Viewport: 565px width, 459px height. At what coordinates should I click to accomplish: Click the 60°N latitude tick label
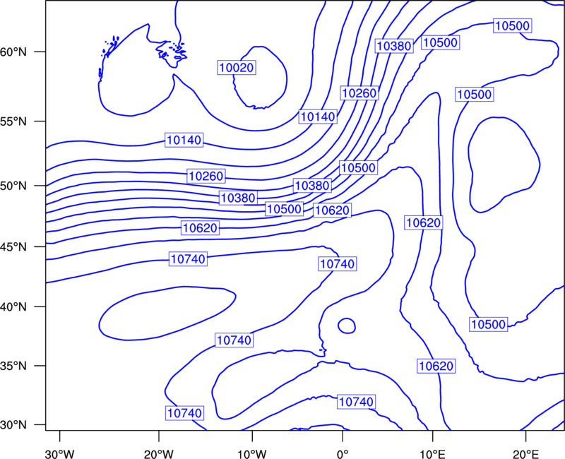coord(13,52)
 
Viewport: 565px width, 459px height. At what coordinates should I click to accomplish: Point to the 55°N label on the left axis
coord(13,121)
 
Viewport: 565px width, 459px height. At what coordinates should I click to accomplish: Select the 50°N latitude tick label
coord(13,186)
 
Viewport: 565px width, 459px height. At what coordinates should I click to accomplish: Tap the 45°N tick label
coord(13,246)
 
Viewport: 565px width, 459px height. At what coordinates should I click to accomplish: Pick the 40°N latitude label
coord(13,307)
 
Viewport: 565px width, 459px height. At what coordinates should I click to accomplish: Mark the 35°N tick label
coord(13,366)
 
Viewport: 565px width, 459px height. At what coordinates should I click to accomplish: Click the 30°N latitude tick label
coord(13,425)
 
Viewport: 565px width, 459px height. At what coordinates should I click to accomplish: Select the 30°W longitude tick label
coord(59,454)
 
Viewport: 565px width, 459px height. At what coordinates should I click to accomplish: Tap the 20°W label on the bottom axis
coord(158,454)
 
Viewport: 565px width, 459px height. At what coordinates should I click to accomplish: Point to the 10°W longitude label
coord(252,454)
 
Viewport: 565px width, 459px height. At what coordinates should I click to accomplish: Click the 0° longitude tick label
coord(343,454)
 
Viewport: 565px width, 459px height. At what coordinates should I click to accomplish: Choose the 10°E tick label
coord(433,454)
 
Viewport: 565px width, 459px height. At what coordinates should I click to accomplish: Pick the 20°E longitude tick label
coord(525,454)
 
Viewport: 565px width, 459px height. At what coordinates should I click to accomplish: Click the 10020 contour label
coord(237,67)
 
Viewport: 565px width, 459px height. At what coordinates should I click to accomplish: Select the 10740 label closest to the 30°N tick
coord(185,413)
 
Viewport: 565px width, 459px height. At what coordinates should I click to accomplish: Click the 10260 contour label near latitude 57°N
coord(359,93)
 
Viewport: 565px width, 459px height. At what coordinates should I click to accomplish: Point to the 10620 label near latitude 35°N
coord(436,366)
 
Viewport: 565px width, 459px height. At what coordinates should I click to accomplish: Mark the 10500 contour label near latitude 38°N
coord(489,324)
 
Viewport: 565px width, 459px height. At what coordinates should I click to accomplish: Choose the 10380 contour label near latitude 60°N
coord(393,46)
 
